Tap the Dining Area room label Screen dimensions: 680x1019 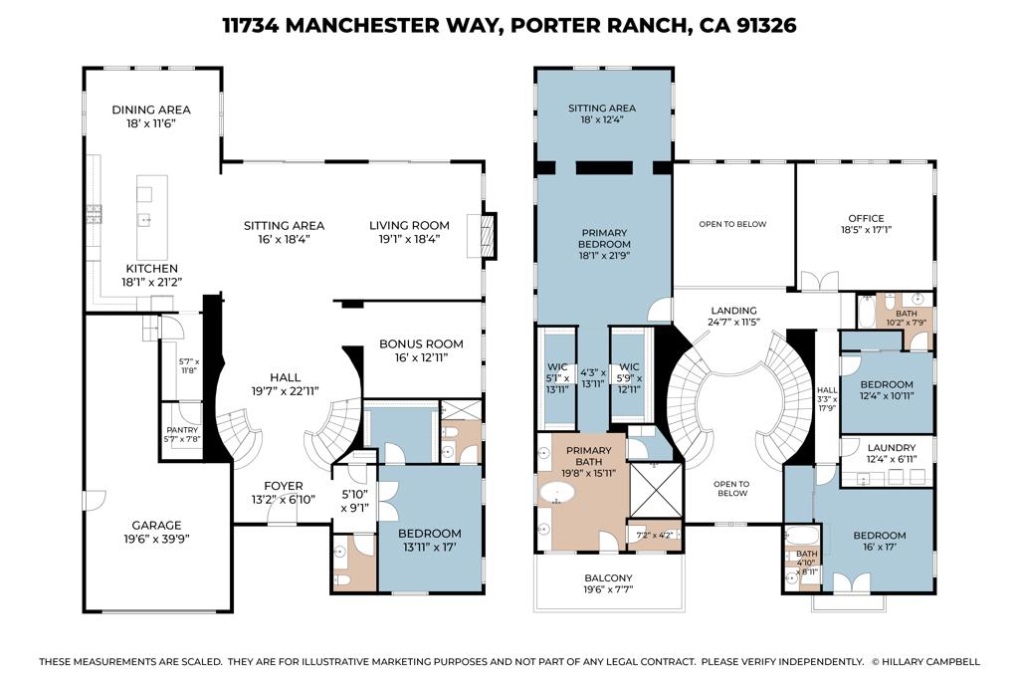(x=151, y=110)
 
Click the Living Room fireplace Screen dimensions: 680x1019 (x=487, y=236)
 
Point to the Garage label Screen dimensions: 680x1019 (x=157, y=526)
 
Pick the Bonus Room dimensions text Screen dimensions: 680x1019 (x=422, y=361)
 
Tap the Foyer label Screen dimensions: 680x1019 (x=283, y=486)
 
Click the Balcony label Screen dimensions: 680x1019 (x=608, y=577)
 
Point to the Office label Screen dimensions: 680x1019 (x=866, y=218)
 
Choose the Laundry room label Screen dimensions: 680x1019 (x=892, y=448)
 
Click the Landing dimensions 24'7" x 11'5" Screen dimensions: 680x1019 (x=734, y=324)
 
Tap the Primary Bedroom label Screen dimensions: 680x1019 (x=605, y=238)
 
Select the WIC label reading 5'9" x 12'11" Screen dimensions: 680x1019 (x=629, y=377)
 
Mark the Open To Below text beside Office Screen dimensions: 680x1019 (x=732, y=224)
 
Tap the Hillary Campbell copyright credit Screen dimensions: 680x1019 (x=925, y=661)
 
